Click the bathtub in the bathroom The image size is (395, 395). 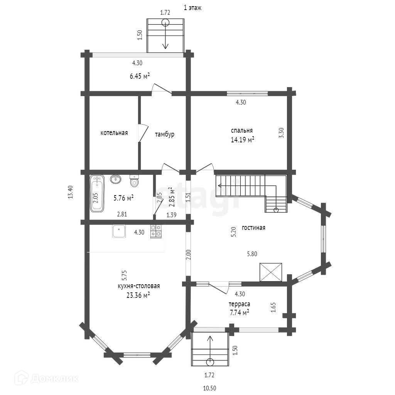click(97, 194)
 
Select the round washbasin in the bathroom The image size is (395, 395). click(116, 179)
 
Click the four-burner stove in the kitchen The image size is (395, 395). click(156, 231)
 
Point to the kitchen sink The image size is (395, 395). click(119, 231)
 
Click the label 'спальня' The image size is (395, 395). click(242, 130)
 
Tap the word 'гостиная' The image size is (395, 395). click(253, 228)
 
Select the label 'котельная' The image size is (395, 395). click(114, 133)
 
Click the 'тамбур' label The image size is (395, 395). click(164, 134)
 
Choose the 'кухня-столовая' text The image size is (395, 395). click(139, 286)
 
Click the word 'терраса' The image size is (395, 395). click(239, 304)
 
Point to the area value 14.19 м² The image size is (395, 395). click(242, 139)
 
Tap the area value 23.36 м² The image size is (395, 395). click(138, 295)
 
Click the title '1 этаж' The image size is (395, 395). click(192, 8)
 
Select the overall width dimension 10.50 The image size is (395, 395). click(209, 388)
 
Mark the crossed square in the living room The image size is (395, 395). click(271, 272)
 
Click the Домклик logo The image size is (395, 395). click(46, 378)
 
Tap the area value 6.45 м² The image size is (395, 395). click(140, 76)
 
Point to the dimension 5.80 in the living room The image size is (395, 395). click(252, 254)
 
